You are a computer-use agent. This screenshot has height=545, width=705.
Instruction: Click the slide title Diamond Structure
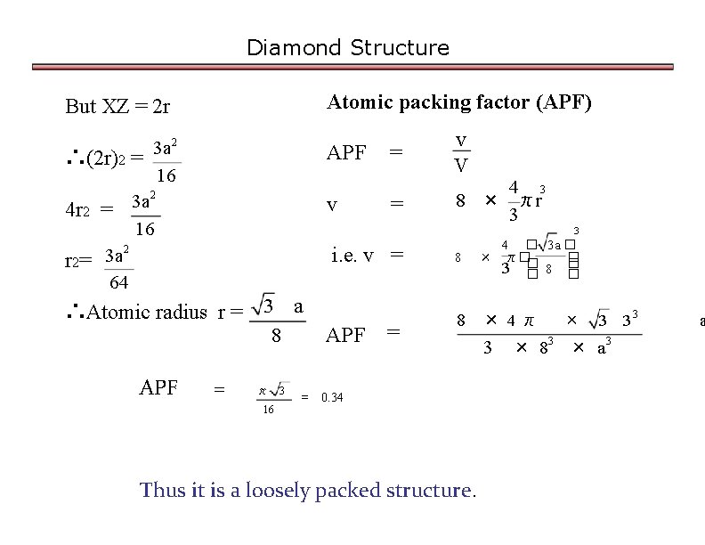coord(348,47)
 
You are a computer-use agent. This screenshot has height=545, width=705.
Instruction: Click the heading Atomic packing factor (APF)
coord(459,102)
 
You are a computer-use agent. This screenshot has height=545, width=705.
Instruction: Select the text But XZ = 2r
coord(117,107)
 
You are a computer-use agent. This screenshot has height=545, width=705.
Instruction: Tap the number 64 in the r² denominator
coord(118,283)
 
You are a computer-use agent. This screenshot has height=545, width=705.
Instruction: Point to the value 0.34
coord(332,398)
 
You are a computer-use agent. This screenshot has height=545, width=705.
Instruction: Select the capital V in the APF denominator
coord(460,166)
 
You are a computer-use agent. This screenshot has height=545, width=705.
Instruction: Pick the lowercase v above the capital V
coord(460,141)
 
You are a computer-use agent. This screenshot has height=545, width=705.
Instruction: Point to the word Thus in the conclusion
coord(163,490)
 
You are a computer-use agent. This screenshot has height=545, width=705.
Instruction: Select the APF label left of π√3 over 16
coord(158,388)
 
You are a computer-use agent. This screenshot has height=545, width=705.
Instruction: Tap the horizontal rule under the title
coord(352,66)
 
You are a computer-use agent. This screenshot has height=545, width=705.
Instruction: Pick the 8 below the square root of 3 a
coord(277,337)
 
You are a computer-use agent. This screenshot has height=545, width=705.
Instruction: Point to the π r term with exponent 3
coord(531,199)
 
